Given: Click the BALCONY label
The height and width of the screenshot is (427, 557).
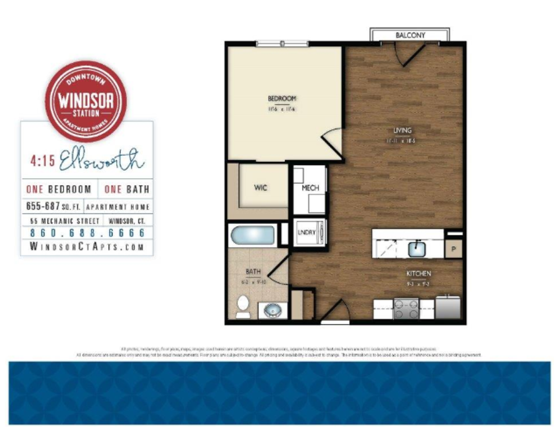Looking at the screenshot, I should click(410, 35).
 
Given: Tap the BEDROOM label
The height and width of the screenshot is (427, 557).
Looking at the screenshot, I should click(282, 98).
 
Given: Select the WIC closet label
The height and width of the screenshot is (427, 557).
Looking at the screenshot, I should click(260, 187).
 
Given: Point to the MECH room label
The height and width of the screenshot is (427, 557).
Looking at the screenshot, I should click(310, 188).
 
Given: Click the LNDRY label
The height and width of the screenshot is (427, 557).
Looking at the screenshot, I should click(307, 232).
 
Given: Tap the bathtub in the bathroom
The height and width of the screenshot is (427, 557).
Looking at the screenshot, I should click(253, 235).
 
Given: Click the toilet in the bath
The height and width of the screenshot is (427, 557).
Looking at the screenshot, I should click(243, 306).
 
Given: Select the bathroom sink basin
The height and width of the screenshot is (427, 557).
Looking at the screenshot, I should click(272, 311).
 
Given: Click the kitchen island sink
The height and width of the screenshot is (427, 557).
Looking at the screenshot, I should click(417, 249).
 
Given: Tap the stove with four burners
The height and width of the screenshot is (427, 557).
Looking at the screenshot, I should click(406, 308).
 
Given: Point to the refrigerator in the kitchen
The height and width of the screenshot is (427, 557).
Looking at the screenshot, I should click(447, 307).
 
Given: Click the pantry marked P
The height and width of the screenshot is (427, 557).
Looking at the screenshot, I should click(453, 249).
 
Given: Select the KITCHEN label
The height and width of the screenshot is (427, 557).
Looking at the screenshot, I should click(419, 274).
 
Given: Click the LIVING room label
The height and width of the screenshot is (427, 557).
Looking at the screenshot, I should click(402, 130).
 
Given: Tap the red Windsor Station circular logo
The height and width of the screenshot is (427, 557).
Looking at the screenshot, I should click(86, 101).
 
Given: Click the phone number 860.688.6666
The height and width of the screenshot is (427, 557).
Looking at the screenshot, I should click(87, 232).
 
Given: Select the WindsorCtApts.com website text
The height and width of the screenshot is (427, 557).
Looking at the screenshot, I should click(87, 247).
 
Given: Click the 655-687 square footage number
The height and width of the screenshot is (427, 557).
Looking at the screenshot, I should click(43, 206).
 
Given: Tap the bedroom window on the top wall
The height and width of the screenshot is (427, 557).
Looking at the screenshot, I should click(282, 43).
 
